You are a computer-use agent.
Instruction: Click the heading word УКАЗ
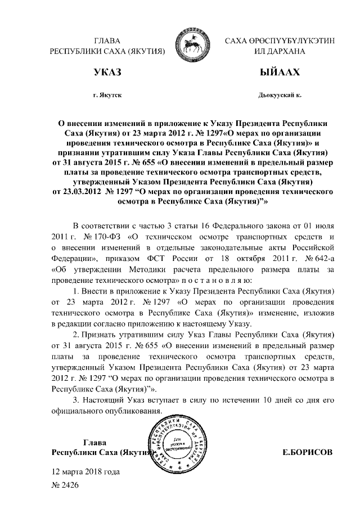coord(106,74)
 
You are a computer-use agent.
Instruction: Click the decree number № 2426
coord(65,484)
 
